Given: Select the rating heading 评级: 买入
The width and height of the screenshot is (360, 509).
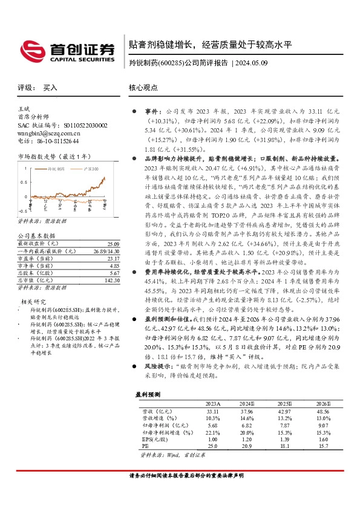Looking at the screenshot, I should (37, 88).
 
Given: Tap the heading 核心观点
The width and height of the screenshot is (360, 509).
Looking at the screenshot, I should (143, 88).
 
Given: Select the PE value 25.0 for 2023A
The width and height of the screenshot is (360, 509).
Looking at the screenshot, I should (212, 446).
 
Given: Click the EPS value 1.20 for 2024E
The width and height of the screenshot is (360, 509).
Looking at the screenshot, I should (247, 439).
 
